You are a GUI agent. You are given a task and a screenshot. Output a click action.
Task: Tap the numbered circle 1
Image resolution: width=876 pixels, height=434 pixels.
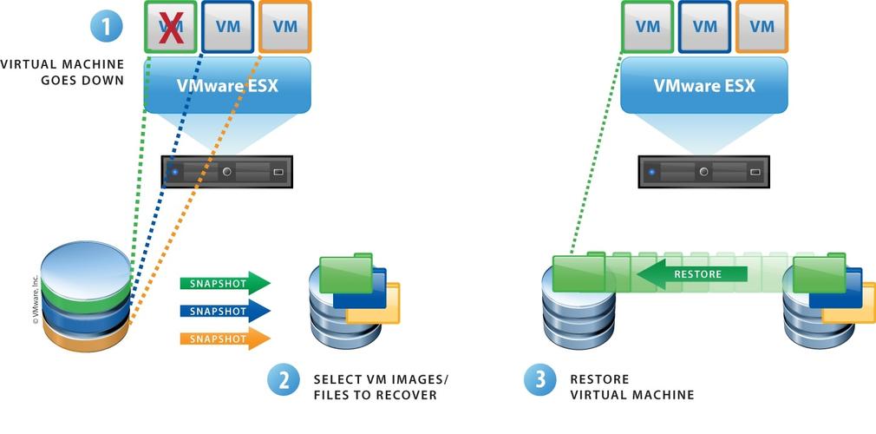coord(107,25)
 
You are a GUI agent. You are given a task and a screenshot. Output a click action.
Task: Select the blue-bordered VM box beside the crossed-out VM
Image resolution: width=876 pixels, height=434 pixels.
coord(228,26)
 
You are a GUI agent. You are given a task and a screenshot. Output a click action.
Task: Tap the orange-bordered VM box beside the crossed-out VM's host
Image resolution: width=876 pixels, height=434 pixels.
coord(284,26)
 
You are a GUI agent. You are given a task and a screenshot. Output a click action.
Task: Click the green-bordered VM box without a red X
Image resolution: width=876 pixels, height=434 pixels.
coord(648,26)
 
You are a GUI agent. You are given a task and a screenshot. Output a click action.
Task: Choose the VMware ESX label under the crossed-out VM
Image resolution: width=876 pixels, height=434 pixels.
coord(227,86)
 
